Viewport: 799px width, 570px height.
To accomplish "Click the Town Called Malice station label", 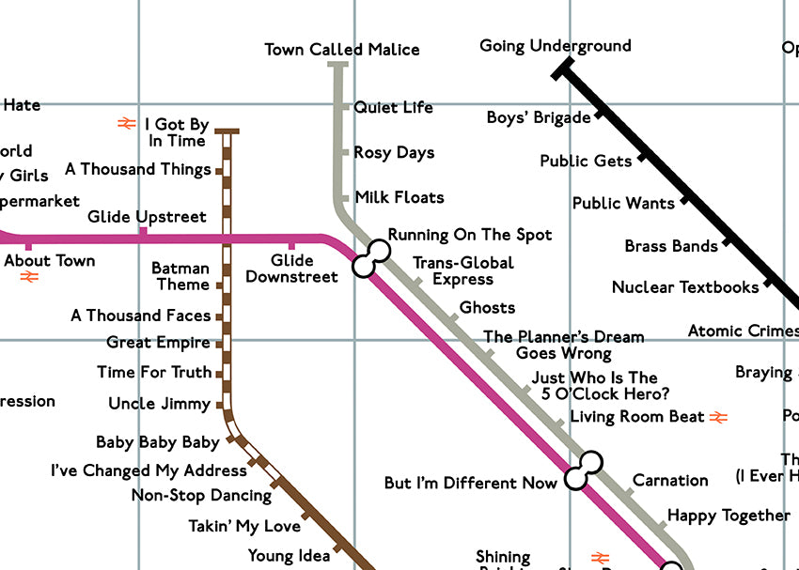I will point(342,50).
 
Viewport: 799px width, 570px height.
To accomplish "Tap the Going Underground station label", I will point(555,46).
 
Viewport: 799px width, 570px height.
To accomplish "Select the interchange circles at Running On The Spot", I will point(371,258).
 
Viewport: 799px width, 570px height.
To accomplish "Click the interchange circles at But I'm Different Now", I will point(584,470).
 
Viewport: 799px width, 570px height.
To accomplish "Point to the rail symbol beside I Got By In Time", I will point(127,123).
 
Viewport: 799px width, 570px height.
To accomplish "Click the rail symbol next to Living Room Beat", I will point(719,416).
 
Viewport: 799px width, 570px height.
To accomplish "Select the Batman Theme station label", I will point(181,277).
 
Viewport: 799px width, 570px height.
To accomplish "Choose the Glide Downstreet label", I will point(291,269).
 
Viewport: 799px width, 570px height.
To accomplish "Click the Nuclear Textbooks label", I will point(685,287).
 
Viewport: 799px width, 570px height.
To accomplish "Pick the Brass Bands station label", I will point(671,246).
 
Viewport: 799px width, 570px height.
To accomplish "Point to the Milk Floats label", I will point(399,197).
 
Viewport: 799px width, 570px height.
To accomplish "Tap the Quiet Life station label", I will point(393,107).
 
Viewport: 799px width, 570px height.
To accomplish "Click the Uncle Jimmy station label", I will point(159,404).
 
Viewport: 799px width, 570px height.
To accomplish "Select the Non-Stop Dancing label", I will point(201,495).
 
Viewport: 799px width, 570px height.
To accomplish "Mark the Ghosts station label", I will point(487,307).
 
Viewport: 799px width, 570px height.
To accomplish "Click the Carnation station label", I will point(670,480).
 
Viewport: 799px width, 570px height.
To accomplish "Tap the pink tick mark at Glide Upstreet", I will point(143,231).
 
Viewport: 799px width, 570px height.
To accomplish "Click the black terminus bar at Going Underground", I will point(563,68).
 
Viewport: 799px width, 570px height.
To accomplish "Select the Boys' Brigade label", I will point(539,117).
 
